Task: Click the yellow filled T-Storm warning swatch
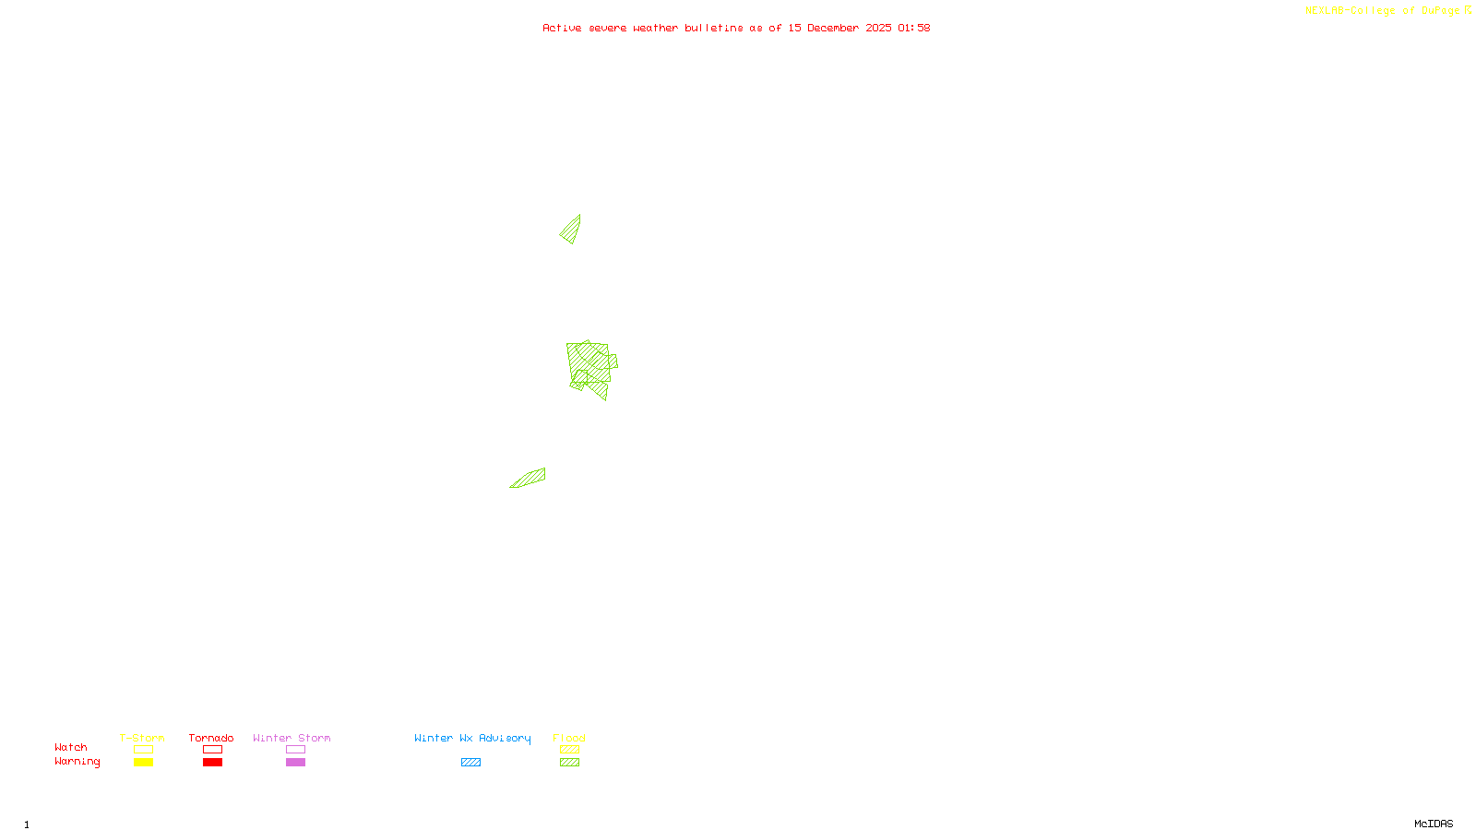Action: point(143,763)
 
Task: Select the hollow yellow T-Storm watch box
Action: point(143,750)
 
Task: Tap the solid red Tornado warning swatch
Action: point(213,763)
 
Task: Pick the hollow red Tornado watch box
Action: point(213,750)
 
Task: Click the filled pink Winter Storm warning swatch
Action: point(295,763)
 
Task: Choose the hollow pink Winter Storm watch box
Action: point(295,750)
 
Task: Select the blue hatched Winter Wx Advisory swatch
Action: point(470,763)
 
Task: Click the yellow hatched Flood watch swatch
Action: point(569,750)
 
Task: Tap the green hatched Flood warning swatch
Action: point(569,763)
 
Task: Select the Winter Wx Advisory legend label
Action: point(472,738)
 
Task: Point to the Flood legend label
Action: point(569,738)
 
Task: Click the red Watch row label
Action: point(71,748)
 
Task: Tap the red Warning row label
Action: point(77,762)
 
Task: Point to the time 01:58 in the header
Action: point(914,28)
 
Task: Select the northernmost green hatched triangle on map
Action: point(572,231)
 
